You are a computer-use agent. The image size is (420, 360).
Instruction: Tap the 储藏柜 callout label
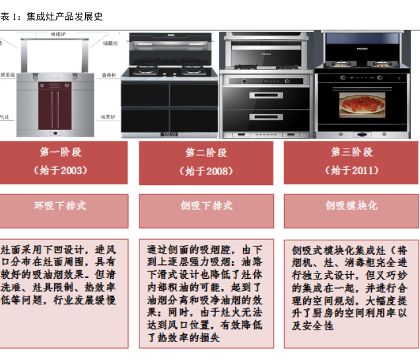click(x=109, y=43)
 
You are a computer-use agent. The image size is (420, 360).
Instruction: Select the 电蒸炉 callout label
click(x=108, y=116)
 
